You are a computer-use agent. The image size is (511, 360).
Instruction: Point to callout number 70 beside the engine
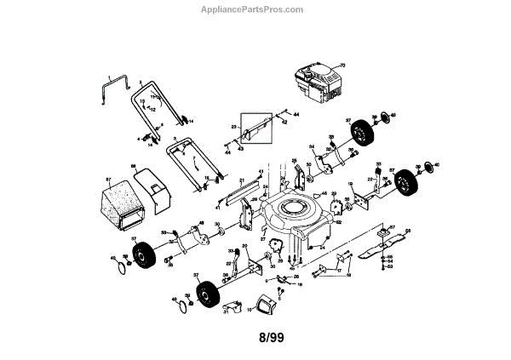(x=345, y=66)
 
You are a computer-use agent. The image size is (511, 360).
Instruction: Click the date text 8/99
(x=272, y=338)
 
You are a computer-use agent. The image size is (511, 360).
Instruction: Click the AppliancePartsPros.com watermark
(x=255, y=9)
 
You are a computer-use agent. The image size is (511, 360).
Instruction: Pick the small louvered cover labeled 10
(x=265, y=300)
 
